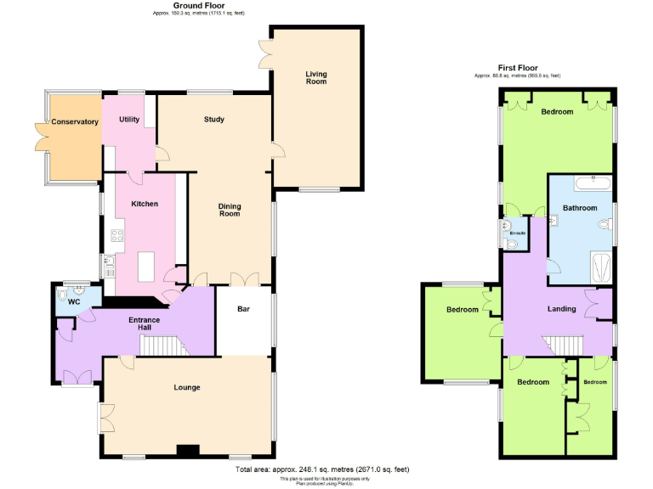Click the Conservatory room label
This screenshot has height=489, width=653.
click(x=75, y=121)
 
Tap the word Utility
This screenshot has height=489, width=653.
click(x=129, y=120)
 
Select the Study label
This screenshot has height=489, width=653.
click(x=214, y=120)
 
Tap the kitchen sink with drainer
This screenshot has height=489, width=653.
click(x=109, y=267)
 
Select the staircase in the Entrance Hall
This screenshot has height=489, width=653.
click(x=162, y=346)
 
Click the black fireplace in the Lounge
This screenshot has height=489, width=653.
click(x=188, y=450)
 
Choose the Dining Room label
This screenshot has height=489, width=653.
click(x=230, y=210)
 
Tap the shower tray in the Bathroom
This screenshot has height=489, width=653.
click(x=600, y=267)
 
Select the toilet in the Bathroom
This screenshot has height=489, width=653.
click(x=605, y=224)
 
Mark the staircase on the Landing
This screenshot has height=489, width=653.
click(x=563, y=344)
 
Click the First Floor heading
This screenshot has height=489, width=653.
click(x=518, y=68)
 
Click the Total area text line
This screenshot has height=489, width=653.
click(x=326, y=469)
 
